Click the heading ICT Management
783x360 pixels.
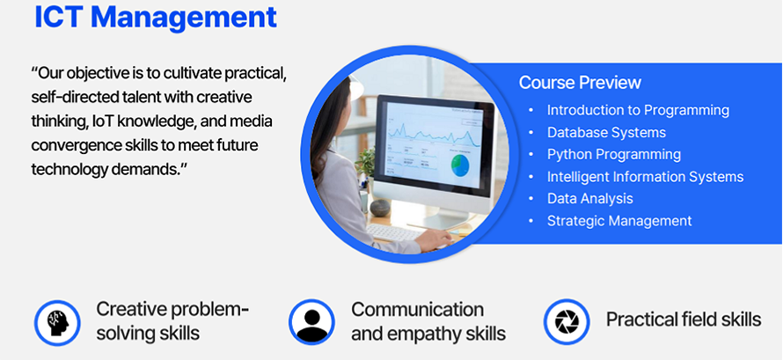[x=156, y=17]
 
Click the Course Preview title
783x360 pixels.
[x=580, y=83]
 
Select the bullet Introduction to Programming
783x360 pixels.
[x=638, y=110]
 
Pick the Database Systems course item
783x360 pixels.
[x=606, y=132]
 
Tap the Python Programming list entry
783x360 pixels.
[x=614, y=154]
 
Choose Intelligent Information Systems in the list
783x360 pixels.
[x=645, y=177]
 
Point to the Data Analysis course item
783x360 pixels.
[x=589, y=199]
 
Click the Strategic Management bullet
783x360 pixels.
[x=619, y=221]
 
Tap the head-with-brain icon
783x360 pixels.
[x=57, y=322]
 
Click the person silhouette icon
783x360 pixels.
[x=312, y=322]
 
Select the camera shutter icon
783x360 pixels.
[x=567, y=321]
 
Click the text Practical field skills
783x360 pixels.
[x=684, y=320]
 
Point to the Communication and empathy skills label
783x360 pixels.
[x=428, y=321]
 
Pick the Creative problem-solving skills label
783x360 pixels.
[x=172, y=321]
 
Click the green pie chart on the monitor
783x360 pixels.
[x=460, y=165]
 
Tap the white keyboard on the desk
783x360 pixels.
[x=394, y=232]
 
